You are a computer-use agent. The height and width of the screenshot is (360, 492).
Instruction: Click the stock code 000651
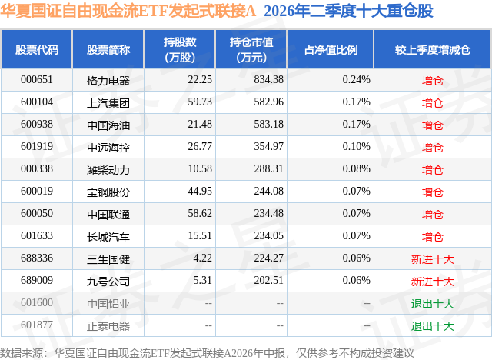click(37, 80)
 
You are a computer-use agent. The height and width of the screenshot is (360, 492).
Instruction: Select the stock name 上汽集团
click(108, 103)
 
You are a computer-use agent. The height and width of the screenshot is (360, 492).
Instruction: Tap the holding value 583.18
click(268, 125)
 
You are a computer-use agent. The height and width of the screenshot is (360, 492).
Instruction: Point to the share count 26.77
click(200, 147)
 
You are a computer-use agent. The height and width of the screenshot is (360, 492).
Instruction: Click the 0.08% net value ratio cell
click(356, 169)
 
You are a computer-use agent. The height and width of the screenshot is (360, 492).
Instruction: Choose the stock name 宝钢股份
click(108, 192)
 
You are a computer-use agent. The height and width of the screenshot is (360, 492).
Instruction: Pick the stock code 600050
click(37, 213)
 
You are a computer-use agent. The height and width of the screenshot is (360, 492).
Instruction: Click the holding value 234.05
click(268, 235)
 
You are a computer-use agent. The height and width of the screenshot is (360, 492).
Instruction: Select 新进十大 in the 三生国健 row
click(432, 259)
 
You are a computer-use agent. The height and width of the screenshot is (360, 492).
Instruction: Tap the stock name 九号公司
click(108, 282)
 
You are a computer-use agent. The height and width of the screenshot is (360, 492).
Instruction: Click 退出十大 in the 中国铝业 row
click(432, 304)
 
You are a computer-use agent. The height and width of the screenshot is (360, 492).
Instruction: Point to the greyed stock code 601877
click(37, 325)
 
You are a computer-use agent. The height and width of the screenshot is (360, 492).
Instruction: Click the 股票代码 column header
click(37, 50)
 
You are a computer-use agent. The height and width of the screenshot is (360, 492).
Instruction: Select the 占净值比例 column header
click(331, 50)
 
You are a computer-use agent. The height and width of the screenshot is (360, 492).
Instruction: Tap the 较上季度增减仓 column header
click(433, 50)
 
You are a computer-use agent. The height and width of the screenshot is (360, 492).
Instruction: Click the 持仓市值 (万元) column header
click(251, 50)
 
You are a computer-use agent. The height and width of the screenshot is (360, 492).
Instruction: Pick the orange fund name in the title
click(128, 12)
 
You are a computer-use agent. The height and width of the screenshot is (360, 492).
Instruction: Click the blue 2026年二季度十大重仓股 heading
click(348, 12)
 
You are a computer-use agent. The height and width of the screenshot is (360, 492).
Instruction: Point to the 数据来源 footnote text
click(207, 353)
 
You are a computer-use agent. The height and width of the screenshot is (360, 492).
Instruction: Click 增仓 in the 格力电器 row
click(432, 81)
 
